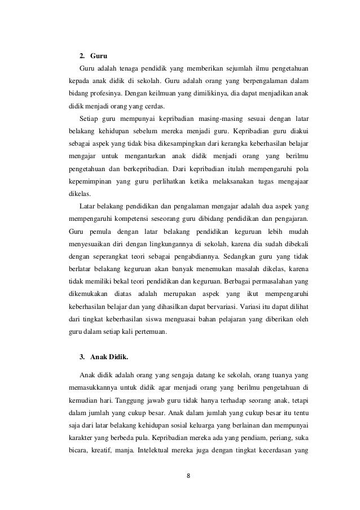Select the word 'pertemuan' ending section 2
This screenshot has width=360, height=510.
click(x=151, y=332)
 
